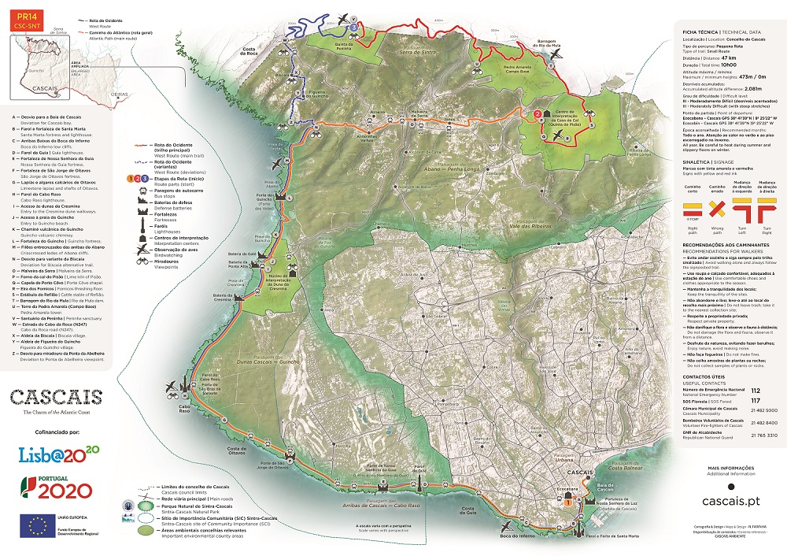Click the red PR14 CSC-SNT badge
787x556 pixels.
[22, 20]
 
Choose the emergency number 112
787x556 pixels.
[756, 389]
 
